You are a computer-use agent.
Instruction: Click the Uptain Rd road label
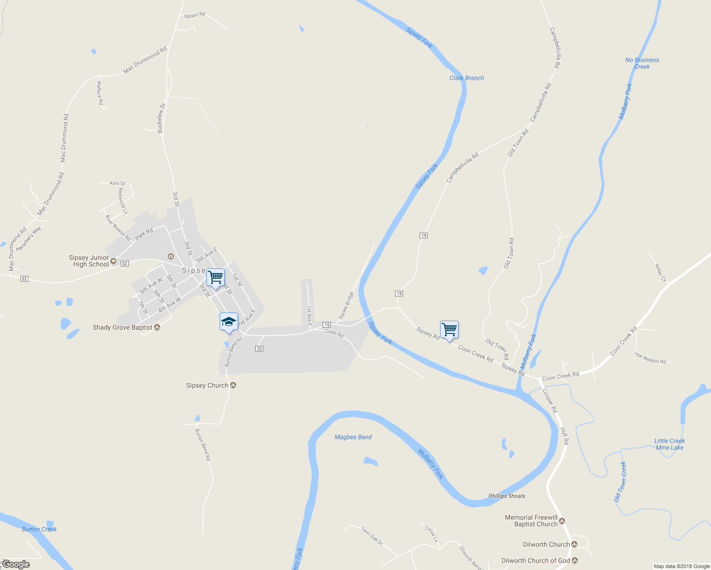[194, 15]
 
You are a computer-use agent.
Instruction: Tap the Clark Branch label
[467, 78]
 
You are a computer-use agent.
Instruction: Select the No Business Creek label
[642, 63]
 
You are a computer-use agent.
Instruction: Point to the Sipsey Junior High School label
[89, 261]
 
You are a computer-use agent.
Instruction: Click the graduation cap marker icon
[229, 322]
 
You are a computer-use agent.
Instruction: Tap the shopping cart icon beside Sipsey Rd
[449, 329]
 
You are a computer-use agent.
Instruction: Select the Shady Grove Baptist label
[123, 327]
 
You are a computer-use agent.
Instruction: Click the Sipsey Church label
[207, 385]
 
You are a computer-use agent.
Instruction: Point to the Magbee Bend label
[353, 437]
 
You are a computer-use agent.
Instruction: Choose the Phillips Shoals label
[507, 496]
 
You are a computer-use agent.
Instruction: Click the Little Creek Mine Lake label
[669, 444]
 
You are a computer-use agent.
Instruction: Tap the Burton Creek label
[39, 529]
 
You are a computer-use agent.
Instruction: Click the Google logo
[16, 564]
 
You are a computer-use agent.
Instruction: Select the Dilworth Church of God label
[536, 560]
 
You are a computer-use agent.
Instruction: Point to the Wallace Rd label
[100, 93]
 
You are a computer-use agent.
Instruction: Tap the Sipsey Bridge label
[346, 305]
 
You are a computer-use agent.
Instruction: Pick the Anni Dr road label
[117, 183]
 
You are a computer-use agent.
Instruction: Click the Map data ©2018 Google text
[682, 566]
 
